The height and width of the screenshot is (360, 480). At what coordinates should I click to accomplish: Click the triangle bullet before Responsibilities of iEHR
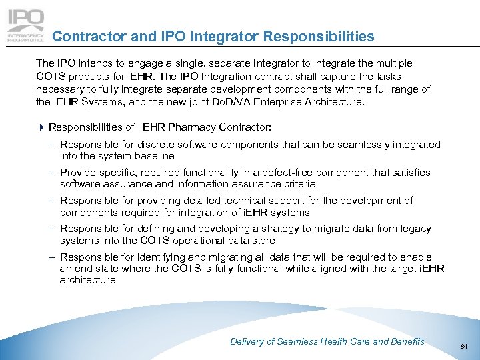(41, 127)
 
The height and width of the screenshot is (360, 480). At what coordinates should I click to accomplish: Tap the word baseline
(155, 156)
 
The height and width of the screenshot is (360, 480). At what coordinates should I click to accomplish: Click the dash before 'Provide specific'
(51, 173)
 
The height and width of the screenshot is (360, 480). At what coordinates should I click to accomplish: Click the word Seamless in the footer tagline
(300, 341)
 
